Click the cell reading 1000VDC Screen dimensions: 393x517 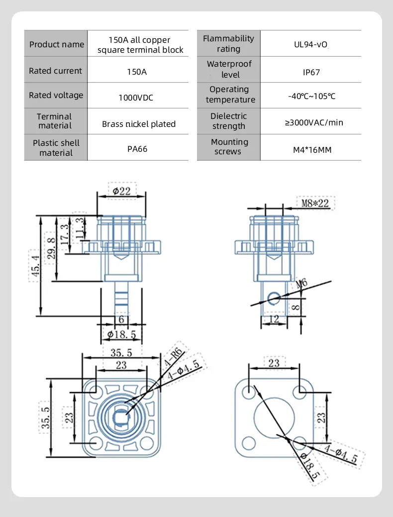pos(136,98)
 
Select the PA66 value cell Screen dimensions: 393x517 pos(137,149)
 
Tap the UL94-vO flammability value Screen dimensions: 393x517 pos(310,44)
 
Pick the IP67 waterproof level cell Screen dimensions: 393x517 pos(311,72)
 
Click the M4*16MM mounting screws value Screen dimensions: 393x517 pos(312,150)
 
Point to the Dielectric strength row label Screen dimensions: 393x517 pos(228,121)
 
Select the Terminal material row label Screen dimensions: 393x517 pos(54,121)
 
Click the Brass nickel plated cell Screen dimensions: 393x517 pos(138,124)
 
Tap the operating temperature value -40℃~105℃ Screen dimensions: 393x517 pos(311,96)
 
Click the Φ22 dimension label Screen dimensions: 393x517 pos(122,191)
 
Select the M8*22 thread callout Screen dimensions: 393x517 pos(315,203)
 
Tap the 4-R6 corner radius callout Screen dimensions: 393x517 pos(174,357)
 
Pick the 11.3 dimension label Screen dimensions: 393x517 pos(80,228)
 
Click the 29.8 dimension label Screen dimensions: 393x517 pos(51,248)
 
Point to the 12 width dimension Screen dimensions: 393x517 pos(274,319)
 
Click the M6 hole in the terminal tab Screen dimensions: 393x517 pos(273,299)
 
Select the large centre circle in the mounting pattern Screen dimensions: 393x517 pos(274,417)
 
